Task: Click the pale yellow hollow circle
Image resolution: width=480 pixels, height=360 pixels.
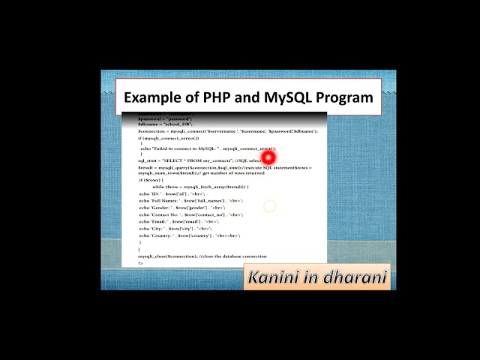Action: click(x=269, y=205)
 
